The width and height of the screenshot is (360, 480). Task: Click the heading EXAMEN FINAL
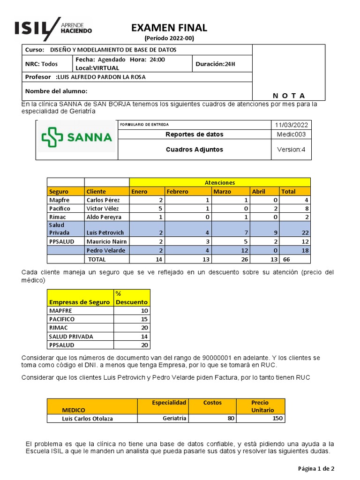(169, 28)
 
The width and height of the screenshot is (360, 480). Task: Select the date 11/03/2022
(291, 125)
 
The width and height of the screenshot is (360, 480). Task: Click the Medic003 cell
(291, 135)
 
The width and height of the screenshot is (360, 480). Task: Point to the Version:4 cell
(291, 150)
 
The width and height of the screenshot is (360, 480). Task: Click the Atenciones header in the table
(219, 182)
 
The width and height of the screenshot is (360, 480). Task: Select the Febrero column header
(177, 191)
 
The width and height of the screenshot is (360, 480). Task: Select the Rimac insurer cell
(59, 217)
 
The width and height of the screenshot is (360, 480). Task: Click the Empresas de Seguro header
(79, 302)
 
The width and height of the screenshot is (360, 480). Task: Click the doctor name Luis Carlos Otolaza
(87, 419)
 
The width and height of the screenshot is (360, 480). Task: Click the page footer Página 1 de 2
(316, 468)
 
